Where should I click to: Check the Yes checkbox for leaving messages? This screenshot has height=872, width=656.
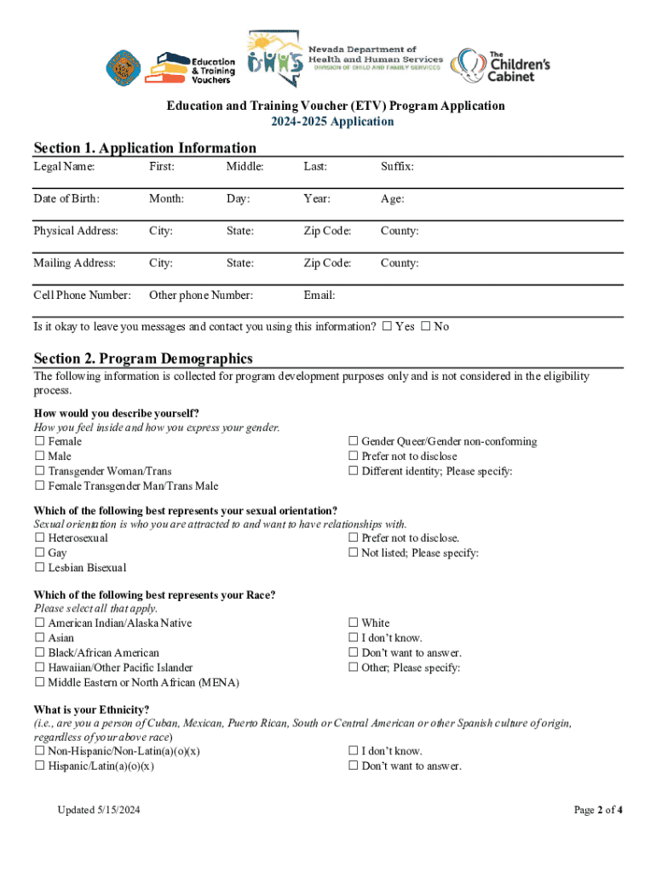click(388, 326)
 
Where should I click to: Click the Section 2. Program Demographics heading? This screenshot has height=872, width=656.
click(142, 359)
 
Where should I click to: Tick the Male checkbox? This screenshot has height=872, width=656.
click(39, 456)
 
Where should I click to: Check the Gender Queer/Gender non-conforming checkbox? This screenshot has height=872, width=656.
click(353, 441)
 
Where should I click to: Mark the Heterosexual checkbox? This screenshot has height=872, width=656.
click(39, 538)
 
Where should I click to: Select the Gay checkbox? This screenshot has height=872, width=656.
click(39, 554)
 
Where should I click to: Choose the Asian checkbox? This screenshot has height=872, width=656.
click(39, 638)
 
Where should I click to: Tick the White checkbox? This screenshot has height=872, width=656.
click(353, 623)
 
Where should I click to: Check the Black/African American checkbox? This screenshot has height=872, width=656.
click(39, 653)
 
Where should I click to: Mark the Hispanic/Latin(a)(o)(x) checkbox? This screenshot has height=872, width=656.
click(39, 766)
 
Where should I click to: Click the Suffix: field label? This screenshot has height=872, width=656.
click(397, 167)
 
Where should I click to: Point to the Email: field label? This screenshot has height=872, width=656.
click(319, 295)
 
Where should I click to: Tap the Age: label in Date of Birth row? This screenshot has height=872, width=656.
click(392, 199)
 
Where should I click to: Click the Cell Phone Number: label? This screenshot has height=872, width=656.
click(82, 295)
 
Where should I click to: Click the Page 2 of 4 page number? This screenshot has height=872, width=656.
click(598, 810)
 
